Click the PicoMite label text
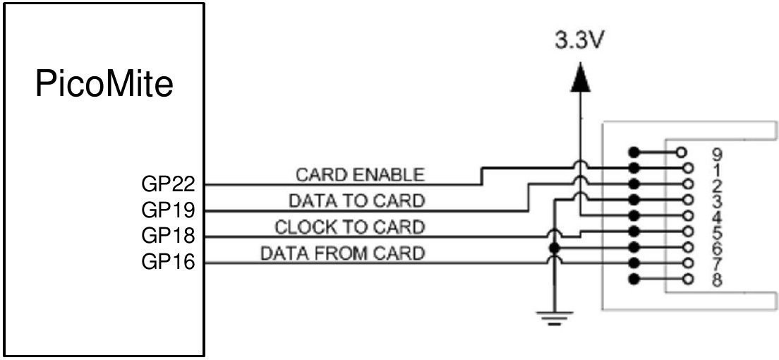104,85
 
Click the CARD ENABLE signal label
360,174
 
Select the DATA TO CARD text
357,201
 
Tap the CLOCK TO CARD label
350,227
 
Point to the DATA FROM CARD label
343,253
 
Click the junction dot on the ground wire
555,248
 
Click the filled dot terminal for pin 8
634,280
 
